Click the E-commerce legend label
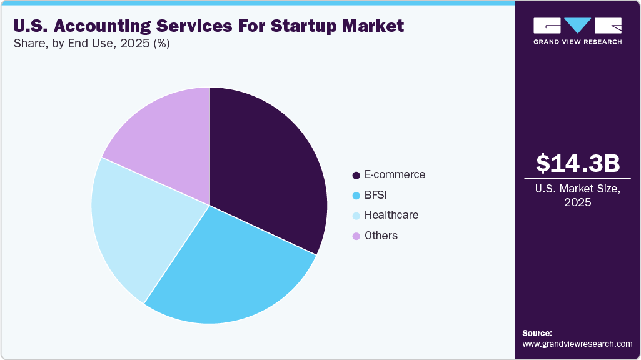point(395,174)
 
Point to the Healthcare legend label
point(391,215)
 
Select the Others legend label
point(381,236)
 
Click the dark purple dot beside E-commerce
point(356,175)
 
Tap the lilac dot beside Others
point(356,236)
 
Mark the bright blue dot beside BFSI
point(356,196)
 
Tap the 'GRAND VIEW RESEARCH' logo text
point(578,42)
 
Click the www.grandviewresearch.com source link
point(577,344)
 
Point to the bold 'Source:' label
point(537,333)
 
